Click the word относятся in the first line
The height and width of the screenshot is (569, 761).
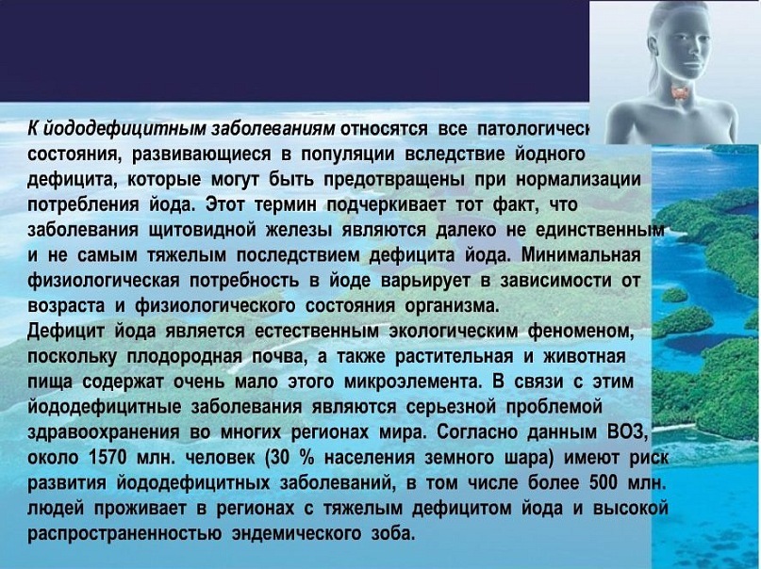(385, 129)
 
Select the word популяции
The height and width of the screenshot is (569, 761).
(347, 154)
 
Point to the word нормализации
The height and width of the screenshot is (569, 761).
(578, 179)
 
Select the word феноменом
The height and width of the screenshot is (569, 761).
(581, 331)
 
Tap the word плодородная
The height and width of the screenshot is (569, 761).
(185, 356)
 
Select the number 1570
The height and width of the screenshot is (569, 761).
(108, 458)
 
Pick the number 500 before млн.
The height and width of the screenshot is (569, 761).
(604, 482)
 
